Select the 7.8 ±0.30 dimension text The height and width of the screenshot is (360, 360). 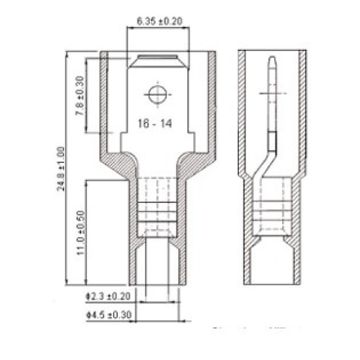coord(79,96)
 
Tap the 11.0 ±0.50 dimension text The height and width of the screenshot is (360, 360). coord(79,233)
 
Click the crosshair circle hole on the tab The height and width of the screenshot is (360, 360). coord(156,94)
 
